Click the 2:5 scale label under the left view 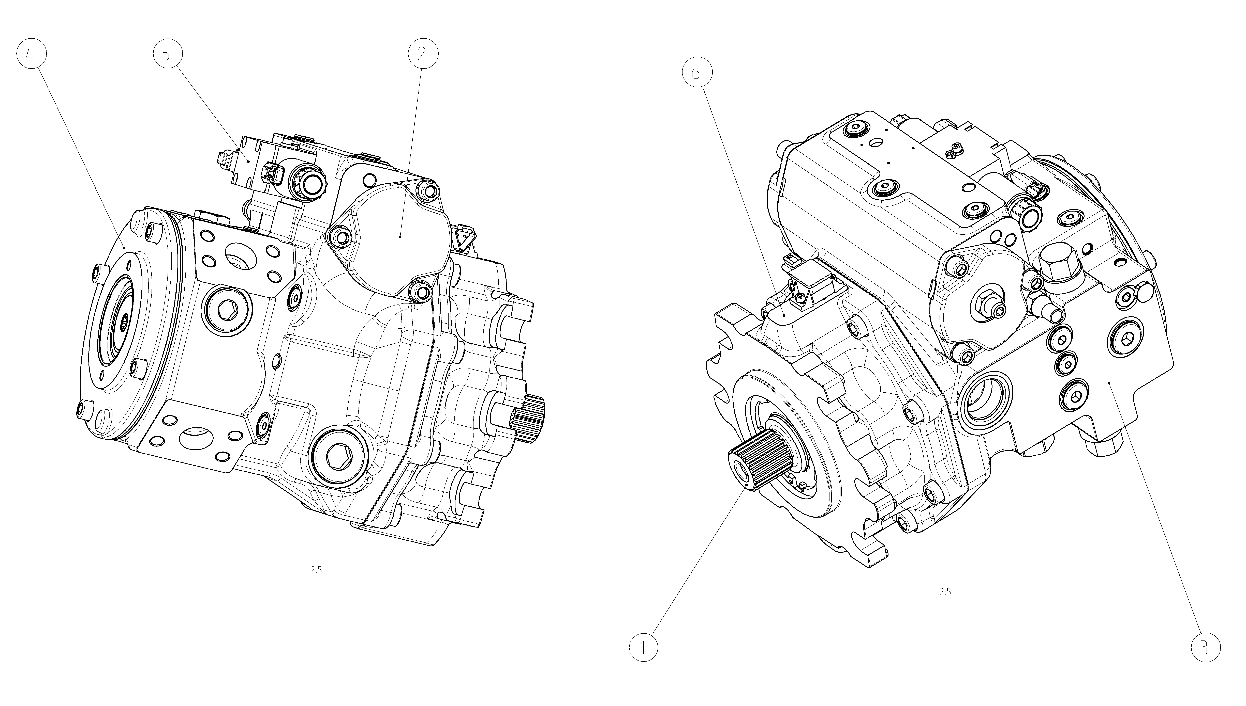316,570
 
